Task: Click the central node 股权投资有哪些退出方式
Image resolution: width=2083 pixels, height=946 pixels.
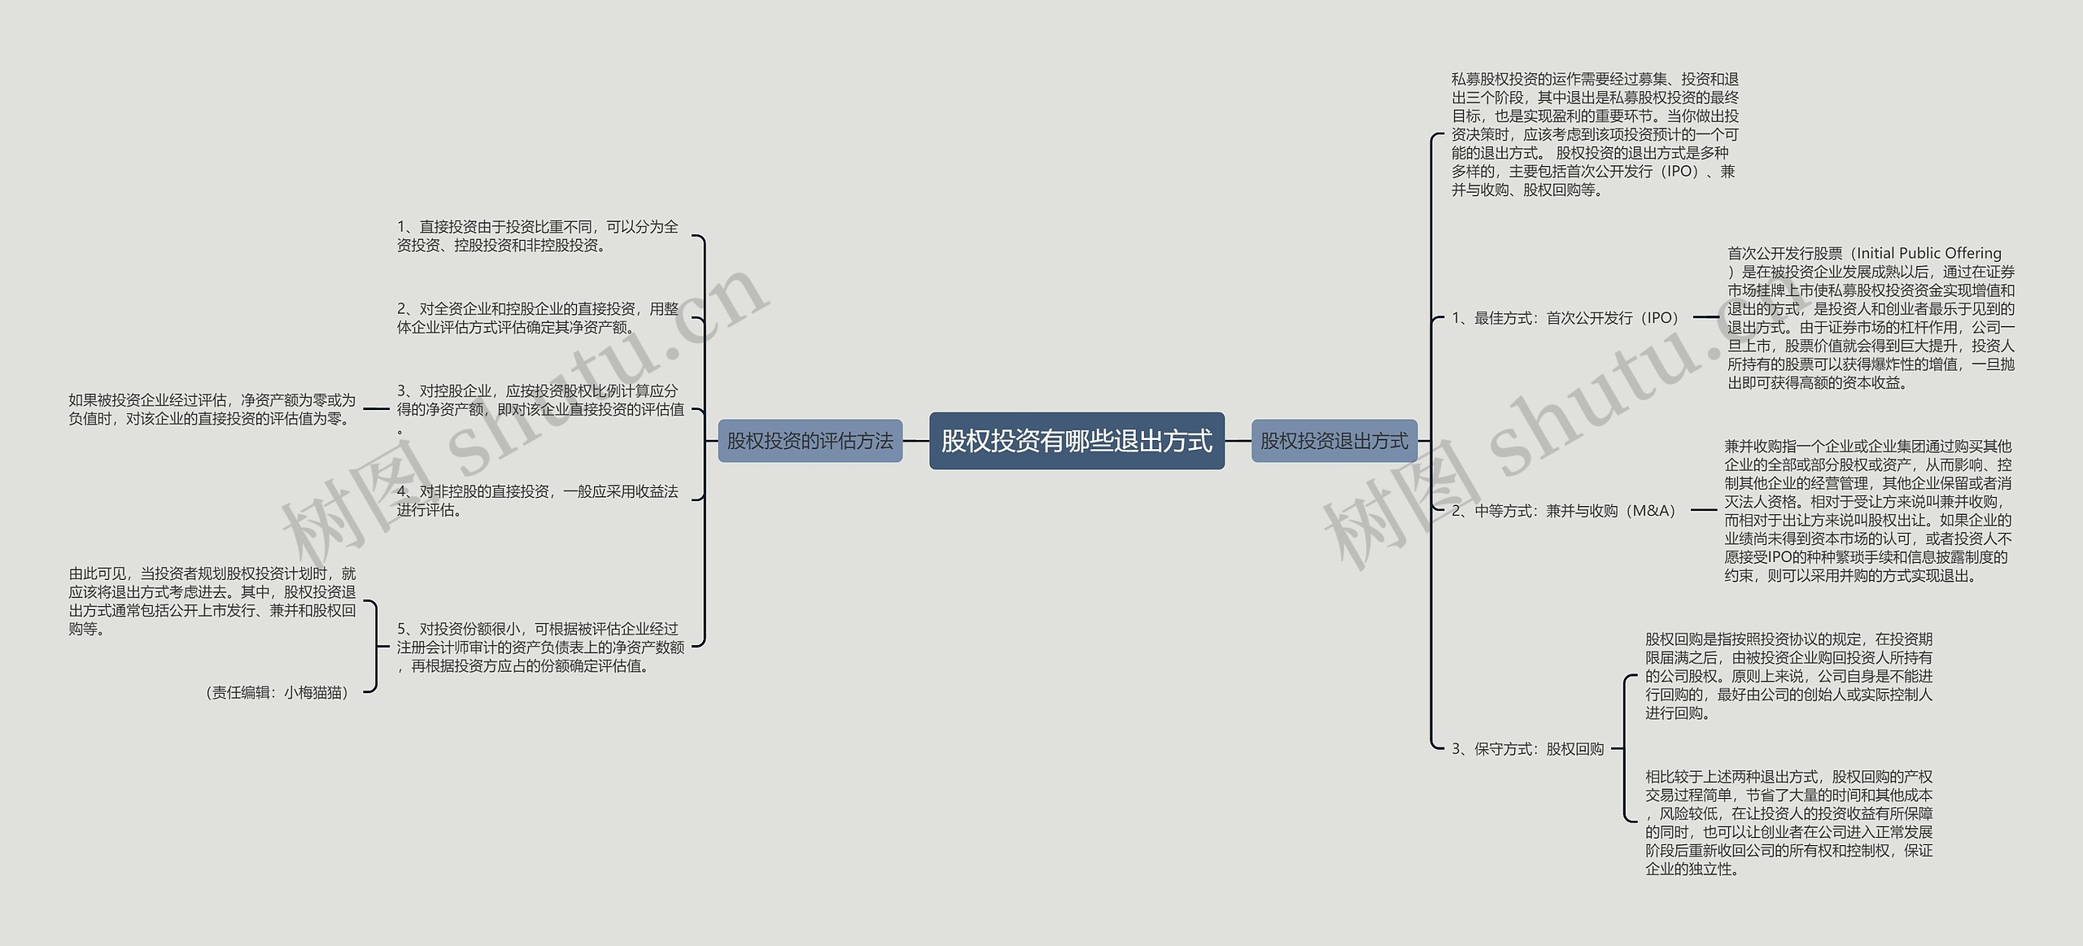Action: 1076,441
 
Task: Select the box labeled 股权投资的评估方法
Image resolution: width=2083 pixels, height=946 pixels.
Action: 810,441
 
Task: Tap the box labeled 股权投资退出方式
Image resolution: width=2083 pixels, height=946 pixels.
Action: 1334,441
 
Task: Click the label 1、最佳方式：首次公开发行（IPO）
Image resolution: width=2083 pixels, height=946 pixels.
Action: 1566,318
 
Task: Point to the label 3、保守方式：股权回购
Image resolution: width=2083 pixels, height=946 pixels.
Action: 1527,748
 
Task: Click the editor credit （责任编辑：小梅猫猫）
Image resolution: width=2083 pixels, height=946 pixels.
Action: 277,692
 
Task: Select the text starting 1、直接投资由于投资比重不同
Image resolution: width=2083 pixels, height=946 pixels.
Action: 538,236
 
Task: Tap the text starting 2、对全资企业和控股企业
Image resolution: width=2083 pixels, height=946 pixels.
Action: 538,318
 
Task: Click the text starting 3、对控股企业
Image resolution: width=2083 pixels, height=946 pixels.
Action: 540,409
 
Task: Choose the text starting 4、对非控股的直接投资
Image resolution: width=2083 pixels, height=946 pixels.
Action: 538,500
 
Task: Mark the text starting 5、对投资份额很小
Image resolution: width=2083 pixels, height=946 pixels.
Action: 540,647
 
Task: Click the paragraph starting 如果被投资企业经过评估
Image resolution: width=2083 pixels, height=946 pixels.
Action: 212,409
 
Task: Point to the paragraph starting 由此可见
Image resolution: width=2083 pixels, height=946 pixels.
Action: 212,601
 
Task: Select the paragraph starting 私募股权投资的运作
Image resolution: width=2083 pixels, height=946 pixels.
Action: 1595,135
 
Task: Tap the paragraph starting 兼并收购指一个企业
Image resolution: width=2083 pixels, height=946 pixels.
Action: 1868,511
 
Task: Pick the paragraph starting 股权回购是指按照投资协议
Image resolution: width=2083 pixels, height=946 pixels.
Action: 1788,676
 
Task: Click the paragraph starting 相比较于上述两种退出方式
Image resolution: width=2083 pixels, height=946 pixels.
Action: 1788,822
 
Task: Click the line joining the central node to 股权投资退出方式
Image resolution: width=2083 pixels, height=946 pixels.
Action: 1238,441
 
